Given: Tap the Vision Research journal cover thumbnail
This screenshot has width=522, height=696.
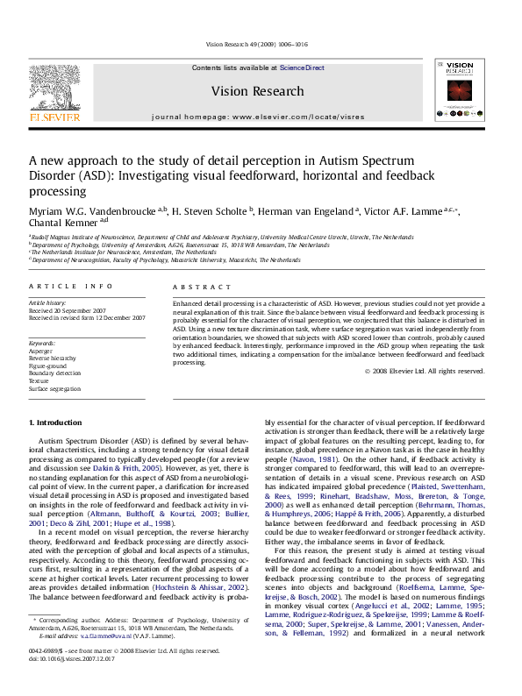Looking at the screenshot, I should click(460, 89).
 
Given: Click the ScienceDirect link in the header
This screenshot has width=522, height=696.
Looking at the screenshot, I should click(302, 67).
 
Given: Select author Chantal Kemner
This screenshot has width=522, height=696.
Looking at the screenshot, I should click(62, 223).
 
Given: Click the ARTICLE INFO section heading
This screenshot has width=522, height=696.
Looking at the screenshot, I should click(70, 287).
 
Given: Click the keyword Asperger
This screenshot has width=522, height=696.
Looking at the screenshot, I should click(42, 350).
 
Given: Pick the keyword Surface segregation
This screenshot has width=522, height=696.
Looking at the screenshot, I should click(54, 388).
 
